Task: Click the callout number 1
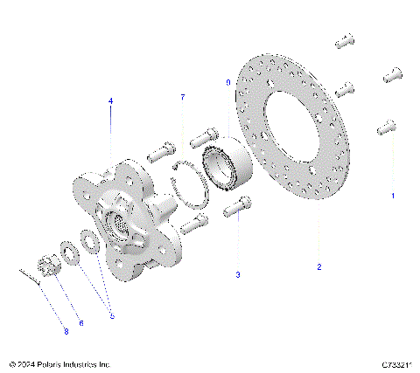(393, 197)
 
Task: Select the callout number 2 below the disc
(318, 266)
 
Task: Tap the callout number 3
(237, 274)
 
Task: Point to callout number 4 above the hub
(110, 101)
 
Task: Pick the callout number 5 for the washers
(111, 315)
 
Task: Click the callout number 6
(81, 322)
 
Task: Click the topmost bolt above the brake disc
(343, 38)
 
